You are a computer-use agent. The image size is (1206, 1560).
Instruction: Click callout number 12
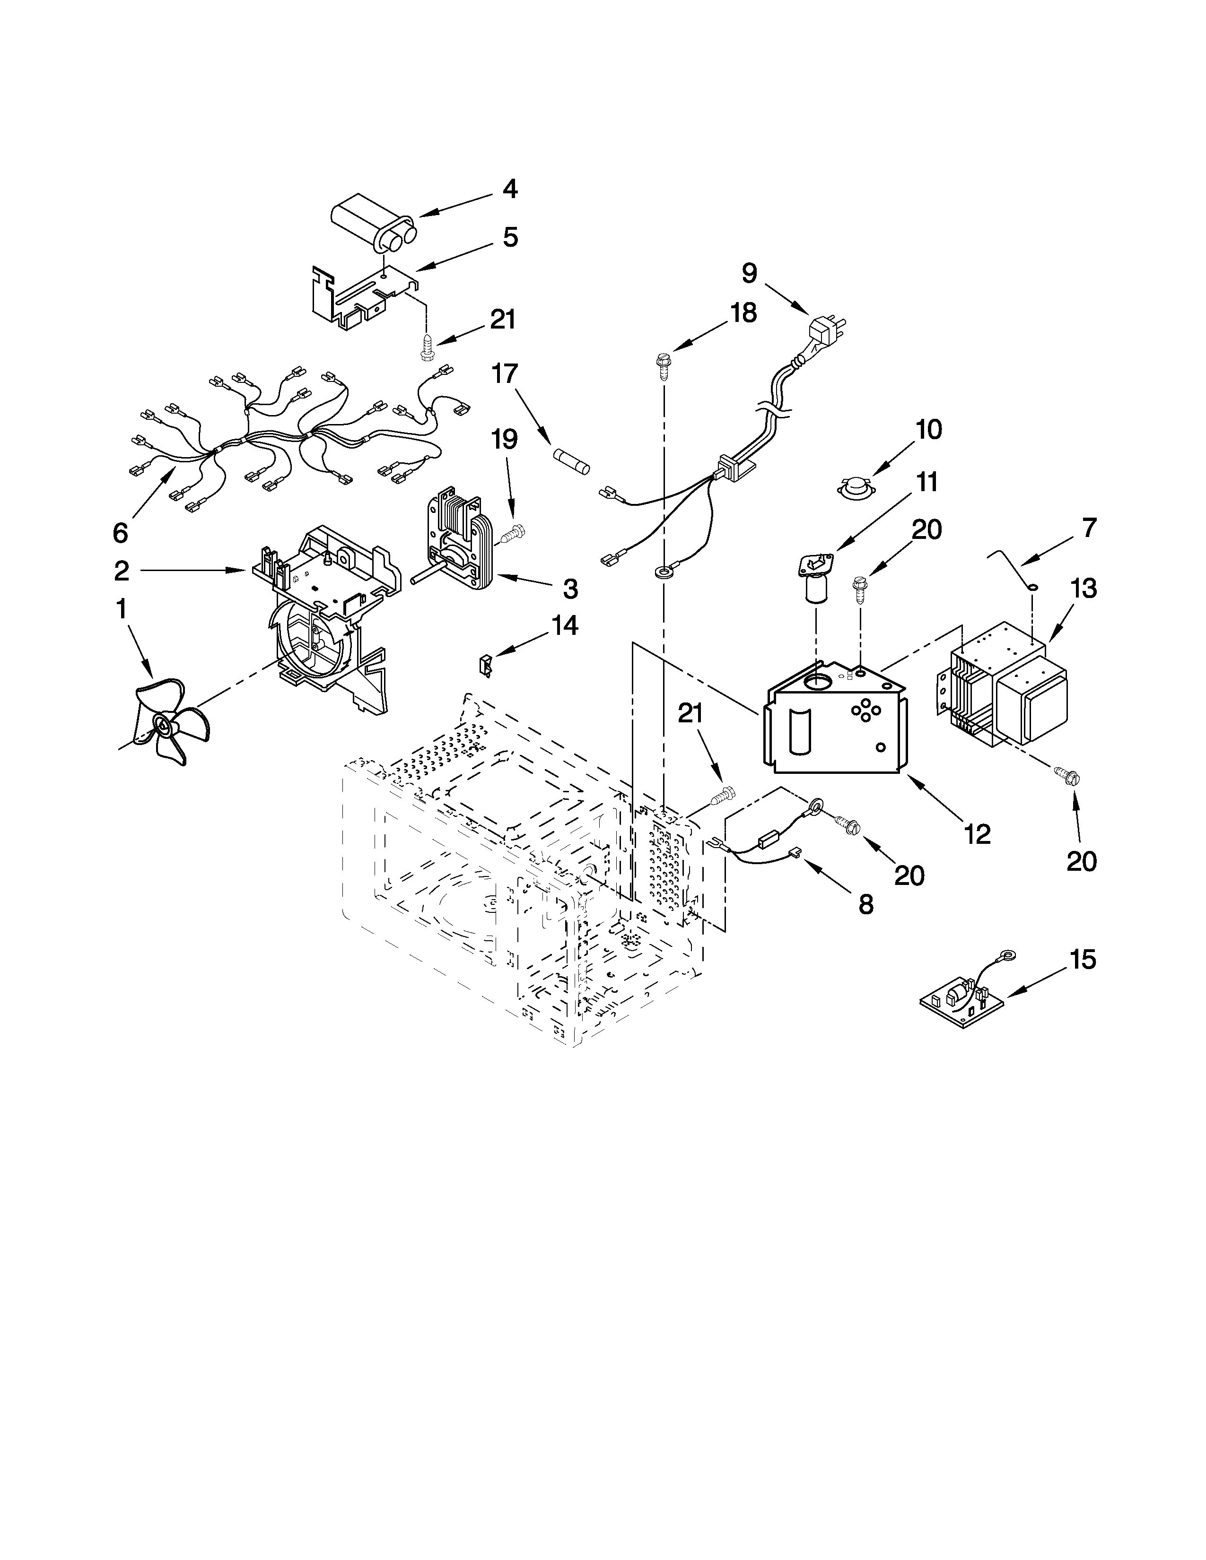(977, 833)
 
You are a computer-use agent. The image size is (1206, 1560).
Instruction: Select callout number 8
(865, 904)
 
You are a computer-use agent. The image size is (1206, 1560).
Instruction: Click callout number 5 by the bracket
(509, 237)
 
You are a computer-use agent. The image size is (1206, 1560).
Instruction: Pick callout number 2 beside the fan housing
(122, 570)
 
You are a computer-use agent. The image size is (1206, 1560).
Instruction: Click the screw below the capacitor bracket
(428, 348)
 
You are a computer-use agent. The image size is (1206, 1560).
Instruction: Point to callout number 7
(1088, 528)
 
